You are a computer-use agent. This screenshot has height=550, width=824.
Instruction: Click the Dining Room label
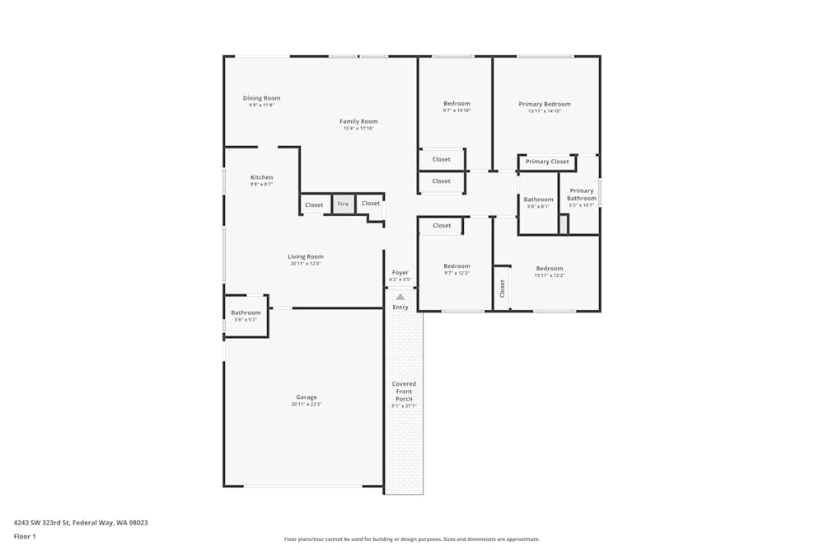point(261,98)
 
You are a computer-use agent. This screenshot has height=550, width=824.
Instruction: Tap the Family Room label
point(358,121)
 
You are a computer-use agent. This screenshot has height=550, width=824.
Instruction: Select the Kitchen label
point(261,177)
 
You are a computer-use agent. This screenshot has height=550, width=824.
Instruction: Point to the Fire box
point(343,204)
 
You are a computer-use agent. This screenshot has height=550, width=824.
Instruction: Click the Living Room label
point(305,256)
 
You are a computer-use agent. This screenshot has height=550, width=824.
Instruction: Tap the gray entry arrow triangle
point(400,297)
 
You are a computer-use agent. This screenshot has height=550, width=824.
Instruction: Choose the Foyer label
point(400,272)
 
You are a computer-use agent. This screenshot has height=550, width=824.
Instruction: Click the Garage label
point(306,397)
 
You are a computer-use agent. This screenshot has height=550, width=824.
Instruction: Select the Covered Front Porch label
point(404,391)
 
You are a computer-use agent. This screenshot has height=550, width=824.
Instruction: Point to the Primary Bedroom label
point(544,104)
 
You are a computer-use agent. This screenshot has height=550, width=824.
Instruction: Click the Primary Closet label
point(547,162)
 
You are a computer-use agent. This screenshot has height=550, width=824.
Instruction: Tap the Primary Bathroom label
point(581,195)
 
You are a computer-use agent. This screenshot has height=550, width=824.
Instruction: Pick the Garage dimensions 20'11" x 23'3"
point(306,405)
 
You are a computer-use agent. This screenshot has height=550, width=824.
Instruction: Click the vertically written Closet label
point(502,288)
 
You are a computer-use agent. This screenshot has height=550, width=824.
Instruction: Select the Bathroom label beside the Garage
point(246,313)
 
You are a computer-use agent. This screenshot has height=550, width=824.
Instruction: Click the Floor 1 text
point(25,536)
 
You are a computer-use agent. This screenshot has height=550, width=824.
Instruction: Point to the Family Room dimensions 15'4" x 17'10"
point(358,128)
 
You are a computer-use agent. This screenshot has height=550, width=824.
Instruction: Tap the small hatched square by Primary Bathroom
point(564,224)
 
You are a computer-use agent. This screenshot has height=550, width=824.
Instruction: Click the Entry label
point(400,308)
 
